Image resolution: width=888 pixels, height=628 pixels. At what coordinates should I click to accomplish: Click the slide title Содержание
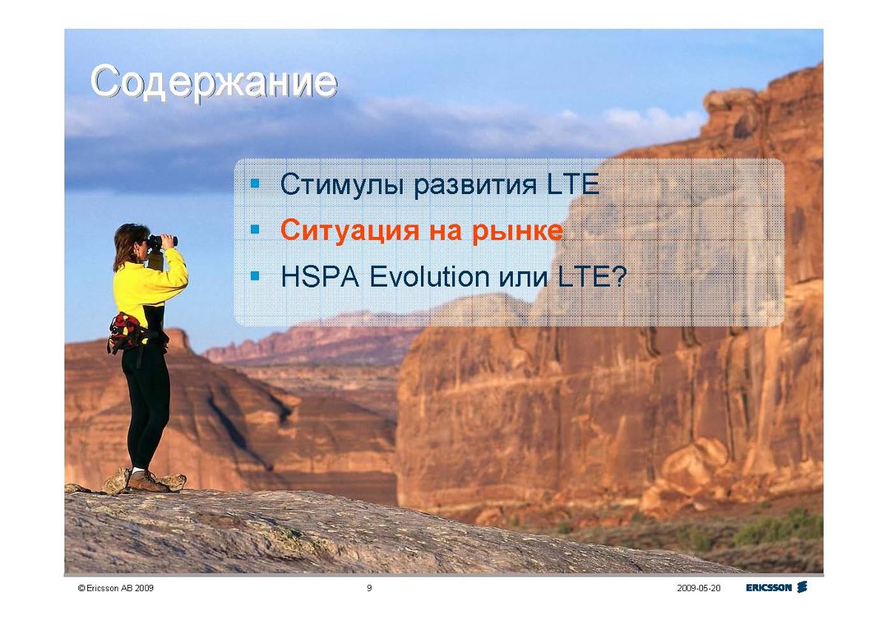tap(214, 82)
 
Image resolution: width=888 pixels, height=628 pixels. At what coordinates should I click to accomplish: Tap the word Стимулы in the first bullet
tap(342, 184)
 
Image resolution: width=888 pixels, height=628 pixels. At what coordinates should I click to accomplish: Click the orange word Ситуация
tap(349, 231)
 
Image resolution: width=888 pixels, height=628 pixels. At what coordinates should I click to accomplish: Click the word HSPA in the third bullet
tap(320, 276)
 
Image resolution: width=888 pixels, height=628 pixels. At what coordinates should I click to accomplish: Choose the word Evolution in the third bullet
tap(429, 276)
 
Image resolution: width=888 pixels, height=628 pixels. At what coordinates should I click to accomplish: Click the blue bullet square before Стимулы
tap(255, 184)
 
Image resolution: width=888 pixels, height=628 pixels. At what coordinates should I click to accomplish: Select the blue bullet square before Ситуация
tap(255, 230)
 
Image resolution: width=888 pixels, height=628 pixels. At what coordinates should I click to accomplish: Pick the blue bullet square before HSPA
tap(255, 275)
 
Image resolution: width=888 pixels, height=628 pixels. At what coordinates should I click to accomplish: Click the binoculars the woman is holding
tap(163, 241)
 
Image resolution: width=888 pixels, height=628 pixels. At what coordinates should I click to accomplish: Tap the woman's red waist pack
tap(126, 331)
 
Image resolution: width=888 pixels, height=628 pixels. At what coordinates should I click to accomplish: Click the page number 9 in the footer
tap(369, 588)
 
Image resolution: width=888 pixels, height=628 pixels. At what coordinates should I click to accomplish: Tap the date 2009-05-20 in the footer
tap(699, 588)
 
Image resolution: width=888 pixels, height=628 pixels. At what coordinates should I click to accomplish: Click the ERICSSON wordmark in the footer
tap(769, 587)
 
